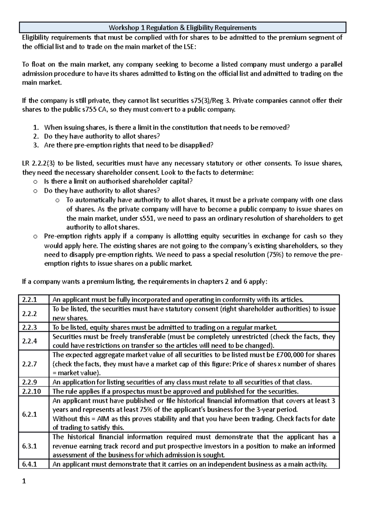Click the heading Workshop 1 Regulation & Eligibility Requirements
[x=182, y=28]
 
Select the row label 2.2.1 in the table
[x=30, y=300]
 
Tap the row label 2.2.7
[x=30, y=364]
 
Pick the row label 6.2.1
[x=30, y=414]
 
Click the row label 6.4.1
[x=30, y=464]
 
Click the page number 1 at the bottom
[x=25, y=481]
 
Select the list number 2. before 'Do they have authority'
[x=36, y=136]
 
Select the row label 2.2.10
[x=31, y=391]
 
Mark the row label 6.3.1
[x=30, y=446]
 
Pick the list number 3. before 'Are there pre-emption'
[x=36, y=145]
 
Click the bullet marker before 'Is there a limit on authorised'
[x=35, y=182]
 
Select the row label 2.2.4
[x=30, y=341]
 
